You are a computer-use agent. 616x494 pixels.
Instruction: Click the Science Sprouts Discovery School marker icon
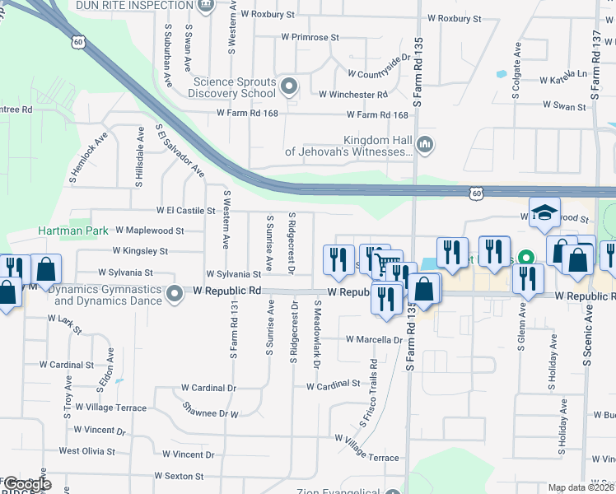289,86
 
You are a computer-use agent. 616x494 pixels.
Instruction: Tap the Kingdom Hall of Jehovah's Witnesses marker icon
425,146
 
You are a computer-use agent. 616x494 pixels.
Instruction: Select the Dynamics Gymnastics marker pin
174,293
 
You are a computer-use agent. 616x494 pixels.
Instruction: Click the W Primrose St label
310,37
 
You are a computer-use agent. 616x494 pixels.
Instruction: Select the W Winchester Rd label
358,95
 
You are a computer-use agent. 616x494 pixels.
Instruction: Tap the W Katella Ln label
564,81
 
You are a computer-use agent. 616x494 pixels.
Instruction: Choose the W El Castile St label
179,212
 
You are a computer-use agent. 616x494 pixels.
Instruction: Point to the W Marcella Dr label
374,339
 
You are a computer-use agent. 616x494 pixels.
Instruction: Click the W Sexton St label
179,476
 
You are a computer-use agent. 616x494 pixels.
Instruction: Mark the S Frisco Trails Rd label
367,394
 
